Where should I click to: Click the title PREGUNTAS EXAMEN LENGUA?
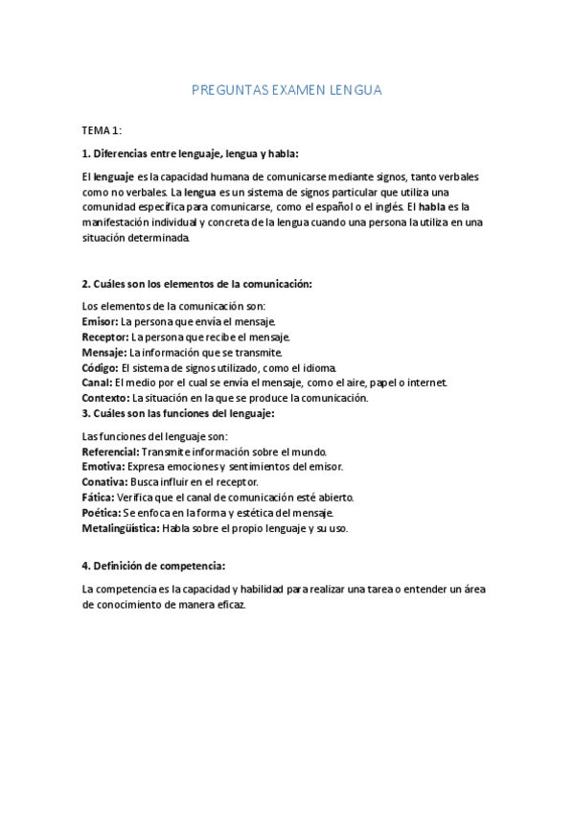tap(287, 90)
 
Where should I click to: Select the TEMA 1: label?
tap(102, 129)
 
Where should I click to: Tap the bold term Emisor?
tap(101, 321)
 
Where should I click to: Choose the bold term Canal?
tap(97, 383)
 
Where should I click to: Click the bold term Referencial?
tap(110, 452)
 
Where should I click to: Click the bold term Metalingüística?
tap(121, 528)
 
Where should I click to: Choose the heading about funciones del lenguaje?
tap(178, 413)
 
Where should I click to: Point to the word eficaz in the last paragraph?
tap(231, 605)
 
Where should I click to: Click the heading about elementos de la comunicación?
tap(196, 284)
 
